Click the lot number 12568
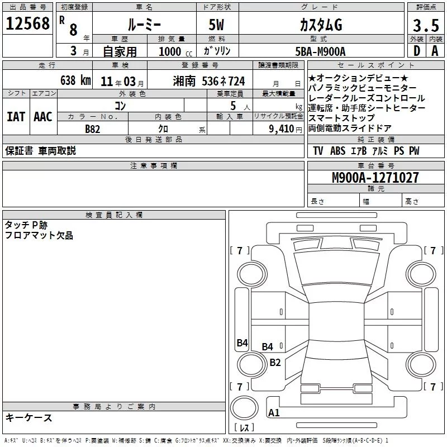pyautogui.click(x=27, y=23)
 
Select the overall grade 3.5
pyautogui.click(x=426, y=25)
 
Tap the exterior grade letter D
pyautogui.click(x=417, y=51)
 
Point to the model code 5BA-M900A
pyautogui.click(x=320, y=51)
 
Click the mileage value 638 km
pyautogui.click(x=75, y=80)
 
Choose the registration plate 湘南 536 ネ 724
pyautogui.click(x=208, y=81)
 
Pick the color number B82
pyautogui.click(x=93, y=129)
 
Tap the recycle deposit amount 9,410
pyautogui.click(x=282, y=129)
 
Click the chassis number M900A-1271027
pyautogui.click(x=375, y=178)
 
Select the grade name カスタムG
pyautogui.click(x=321, y=25)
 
